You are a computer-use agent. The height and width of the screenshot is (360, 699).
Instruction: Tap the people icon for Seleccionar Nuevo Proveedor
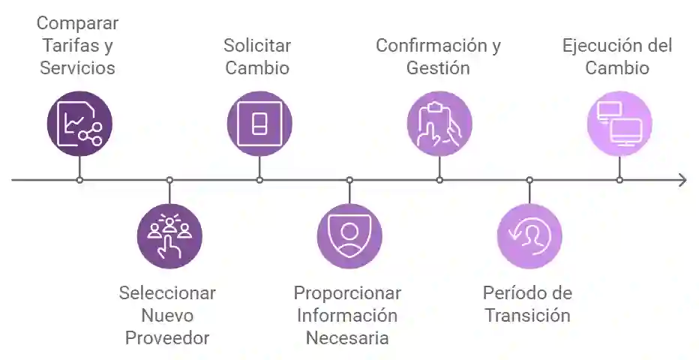point(169,236)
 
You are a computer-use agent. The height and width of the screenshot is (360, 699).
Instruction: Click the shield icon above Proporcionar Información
point(349,236)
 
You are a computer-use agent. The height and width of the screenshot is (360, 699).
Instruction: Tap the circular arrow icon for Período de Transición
point(529,236)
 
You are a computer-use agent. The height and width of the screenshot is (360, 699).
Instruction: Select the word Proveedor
point(166,337)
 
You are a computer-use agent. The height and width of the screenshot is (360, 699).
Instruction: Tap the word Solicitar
point(257,46)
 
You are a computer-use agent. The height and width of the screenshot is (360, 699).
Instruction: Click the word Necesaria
point(347,337)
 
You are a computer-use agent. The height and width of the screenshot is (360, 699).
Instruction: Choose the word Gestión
point(438,68)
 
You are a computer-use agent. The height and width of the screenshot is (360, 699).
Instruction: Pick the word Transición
point(527,315)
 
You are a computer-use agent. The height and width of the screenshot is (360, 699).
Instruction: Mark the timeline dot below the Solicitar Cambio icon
point(259,180)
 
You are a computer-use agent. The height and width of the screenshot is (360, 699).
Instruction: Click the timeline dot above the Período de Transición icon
point(529,180)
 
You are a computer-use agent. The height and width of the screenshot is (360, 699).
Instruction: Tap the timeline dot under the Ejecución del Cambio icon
point(619,180)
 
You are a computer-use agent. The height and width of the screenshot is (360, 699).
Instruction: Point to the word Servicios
point(78,68)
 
